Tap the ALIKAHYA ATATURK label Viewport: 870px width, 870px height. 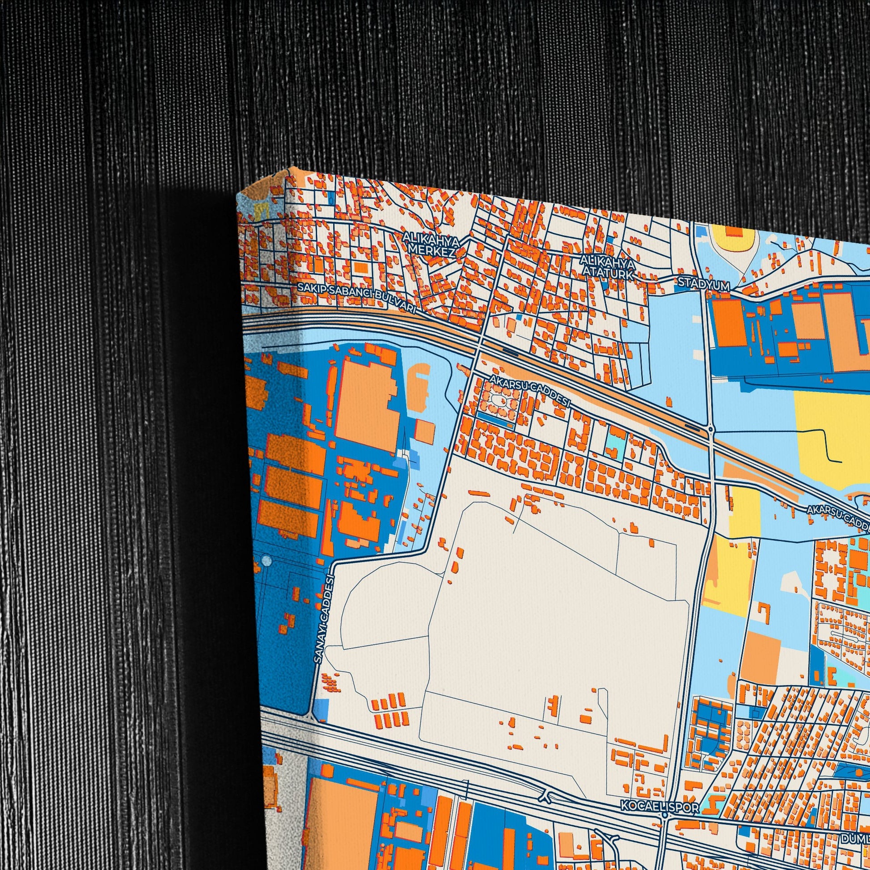608,266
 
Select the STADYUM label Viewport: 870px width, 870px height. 703,284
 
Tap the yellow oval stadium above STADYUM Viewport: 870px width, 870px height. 733,238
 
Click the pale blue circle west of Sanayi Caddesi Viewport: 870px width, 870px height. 266,561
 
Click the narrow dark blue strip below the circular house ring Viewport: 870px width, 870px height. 495,420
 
